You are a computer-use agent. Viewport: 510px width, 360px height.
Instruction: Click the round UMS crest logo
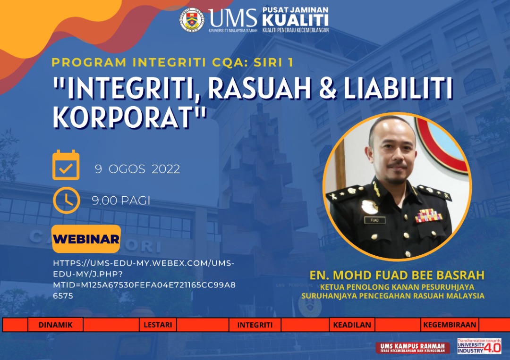pos(192,19)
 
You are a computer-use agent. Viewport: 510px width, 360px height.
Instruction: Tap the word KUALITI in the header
pos(295,20)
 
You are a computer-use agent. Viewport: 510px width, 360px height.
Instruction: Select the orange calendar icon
pos(66,165)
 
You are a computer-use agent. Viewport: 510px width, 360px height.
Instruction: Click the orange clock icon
pos(67,200)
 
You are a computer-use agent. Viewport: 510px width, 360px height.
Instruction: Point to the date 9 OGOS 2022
pos(137,169)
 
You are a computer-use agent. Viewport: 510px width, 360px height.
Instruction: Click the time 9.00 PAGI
pos(121,201)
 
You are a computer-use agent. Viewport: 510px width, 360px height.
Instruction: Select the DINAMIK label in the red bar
pos(55,325)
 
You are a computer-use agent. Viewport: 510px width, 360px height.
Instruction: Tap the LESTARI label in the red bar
pos(158,325)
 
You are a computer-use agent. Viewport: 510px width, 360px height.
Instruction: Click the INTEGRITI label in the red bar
pos(255,325)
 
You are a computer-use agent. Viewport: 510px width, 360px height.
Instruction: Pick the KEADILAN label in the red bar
pos(352,325)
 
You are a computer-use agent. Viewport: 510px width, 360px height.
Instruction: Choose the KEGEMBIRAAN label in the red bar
pos(450,325)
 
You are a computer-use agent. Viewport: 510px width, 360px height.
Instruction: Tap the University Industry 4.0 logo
pos(479,346)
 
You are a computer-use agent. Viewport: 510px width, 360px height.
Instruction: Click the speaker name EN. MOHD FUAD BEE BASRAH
pos(397,275)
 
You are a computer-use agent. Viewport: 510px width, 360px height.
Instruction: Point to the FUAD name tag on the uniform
pos(374,220)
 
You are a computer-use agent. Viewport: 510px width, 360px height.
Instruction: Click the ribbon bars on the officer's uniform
pos(429,216)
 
